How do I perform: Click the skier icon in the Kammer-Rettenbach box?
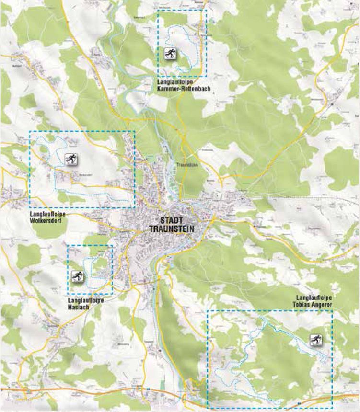click(x=170, y=53)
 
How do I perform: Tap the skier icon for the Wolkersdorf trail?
click(x=70, y=159)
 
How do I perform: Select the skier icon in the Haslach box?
click(x=77, y=276)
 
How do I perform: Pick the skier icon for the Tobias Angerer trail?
click(x=315, y=340)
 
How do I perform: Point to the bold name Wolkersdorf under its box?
click(x=46, y=221)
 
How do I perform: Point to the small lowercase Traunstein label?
click(x=186, y=164)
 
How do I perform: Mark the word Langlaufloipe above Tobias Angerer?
click(x=314, y=298)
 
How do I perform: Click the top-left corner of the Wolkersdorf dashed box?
click(x=29, y=131)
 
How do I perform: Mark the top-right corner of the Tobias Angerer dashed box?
click(x=332, y=310)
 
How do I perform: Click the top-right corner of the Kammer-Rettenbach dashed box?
click(x=206, y=10)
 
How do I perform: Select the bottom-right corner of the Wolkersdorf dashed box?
click(x=135, y=208)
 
